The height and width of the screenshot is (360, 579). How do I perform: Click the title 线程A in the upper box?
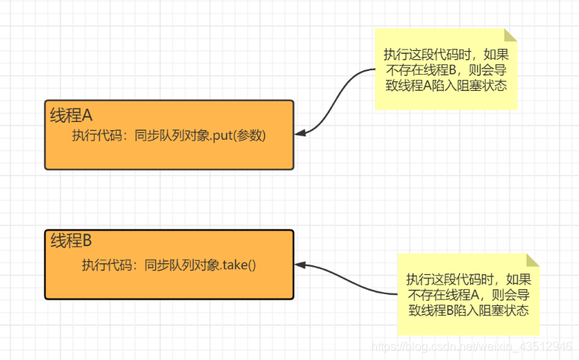click(71, 115)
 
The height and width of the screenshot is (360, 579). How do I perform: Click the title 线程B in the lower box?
click(71, 241)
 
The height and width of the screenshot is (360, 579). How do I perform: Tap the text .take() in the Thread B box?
click(238, 265)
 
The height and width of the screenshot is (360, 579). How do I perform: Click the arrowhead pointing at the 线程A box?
click(299, 133)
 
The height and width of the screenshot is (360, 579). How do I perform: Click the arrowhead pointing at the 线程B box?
click(299, 264)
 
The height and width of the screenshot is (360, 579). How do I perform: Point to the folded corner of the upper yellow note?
click(511, 35)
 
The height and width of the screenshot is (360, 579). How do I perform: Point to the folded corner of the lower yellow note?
click(533, 259)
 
